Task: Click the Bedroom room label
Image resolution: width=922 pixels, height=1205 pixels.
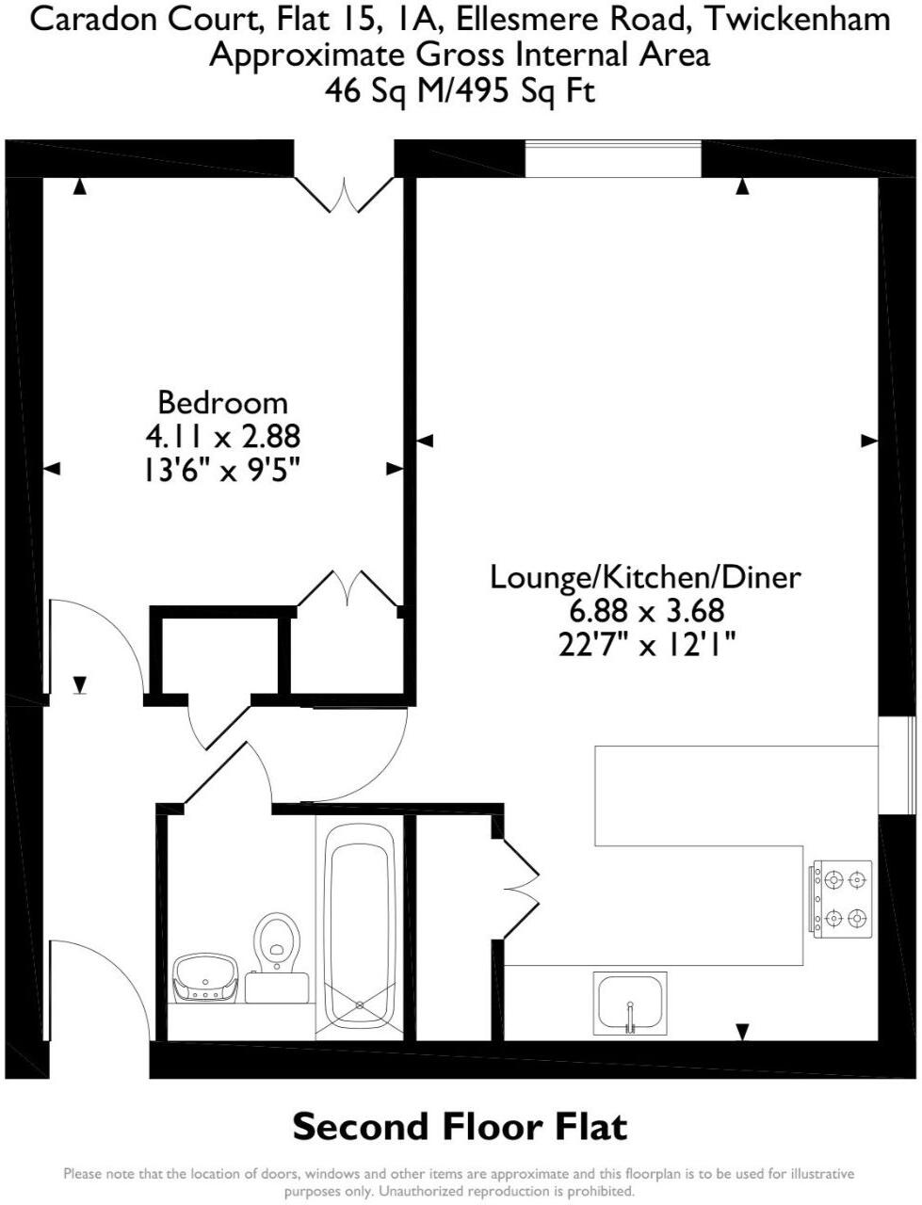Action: tap(222, 402)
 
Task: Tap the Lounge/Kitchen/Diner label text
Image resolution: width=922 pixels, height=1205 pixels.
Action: tap(645, 576)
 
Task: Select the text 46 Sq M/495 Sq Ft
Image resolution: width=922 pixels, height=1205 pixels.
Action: tap(460, 90)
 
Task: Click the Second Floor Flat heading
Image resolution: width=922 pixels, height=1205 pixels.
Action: tap(460, 1126)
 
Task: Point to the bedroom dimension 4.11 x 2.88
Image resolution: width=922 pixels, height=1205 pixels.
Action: tap(222, 436)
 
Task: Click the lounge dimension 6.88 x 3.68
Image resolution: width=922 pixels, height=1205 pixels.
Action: tap(646, 611)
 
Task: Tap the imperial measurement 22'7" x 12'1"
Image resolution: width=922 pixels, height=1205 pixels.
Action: tap(646, 645)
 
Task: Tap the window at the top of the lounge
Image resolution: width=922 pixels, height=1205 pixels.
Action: tap(613, 158)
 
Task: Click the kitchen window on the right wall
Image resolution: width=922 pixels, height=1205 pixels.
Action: tap(898, 764)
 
